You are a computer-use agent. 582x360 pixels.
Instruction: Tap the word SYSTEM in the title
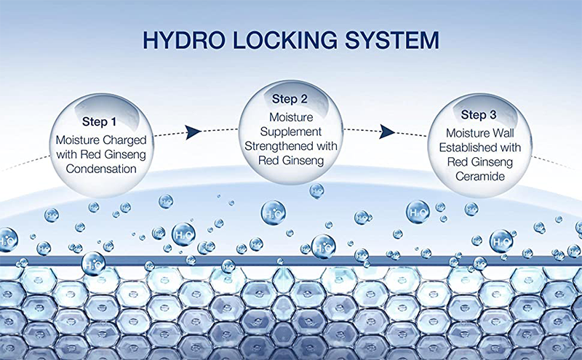coord(387,39)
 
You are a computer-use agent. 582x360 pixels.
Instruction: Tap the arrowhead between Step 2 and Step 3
coord(387,132)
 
